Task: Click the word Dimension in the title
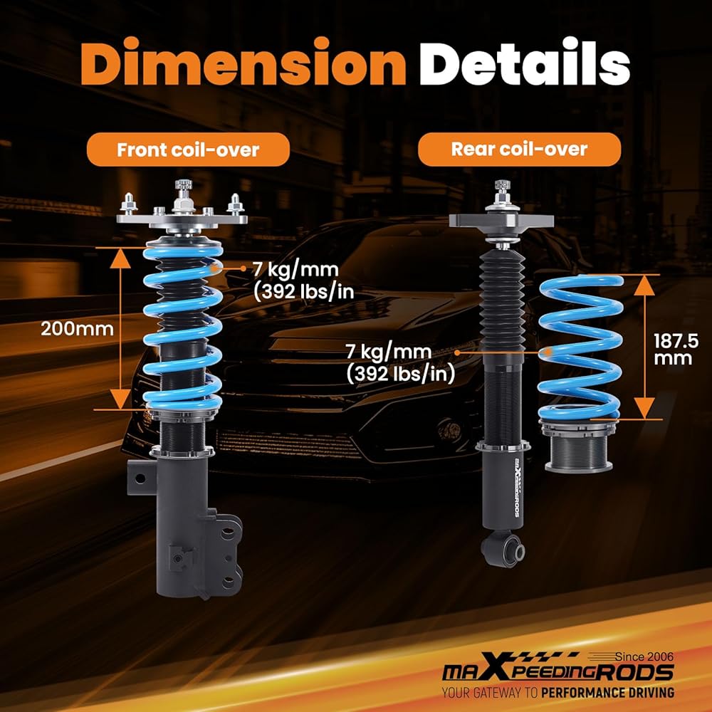pyautogui.click(x=243, y=62)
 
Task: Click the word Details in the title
pyautogui.click(x=525, y=62)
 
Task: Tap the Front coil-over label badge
pyautogui.click(x=188, y=150)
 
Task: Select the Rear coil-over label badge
pyautogui.click(x=519, y=149)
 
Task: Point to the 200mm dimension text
pyautogui.click(x=77, y=329)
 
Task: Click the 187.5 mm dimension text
pyautogui.click(x=676, y=349)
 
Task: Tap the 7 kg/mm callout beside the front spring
pyautogui.click(x=303, y=281)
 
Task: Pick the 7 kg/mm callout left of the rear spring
pyautogui.click(x=400, y=363)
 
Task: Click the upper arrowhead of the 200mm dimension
pyautogui.click(x=120, y=258)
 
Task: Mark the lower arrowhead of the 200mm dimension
pyautogui.click(x=120, y=399)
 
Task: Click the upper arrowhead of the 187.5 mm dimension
pyautogui.click(x=644, y=286)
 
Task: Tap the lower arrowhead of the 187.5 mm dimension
pyautogui.click(x=644, y=408)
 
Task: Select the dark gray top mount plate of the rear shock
pyautogui.click(x=501, y=221)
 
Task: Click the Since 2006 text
pyautogui.click(x=644, y=656)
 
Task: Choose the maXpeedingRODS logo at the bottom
pyautogui.click(x=558, y=671)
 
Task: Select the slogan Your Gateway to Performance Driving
pyautogui.click(x=558, y=693)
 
